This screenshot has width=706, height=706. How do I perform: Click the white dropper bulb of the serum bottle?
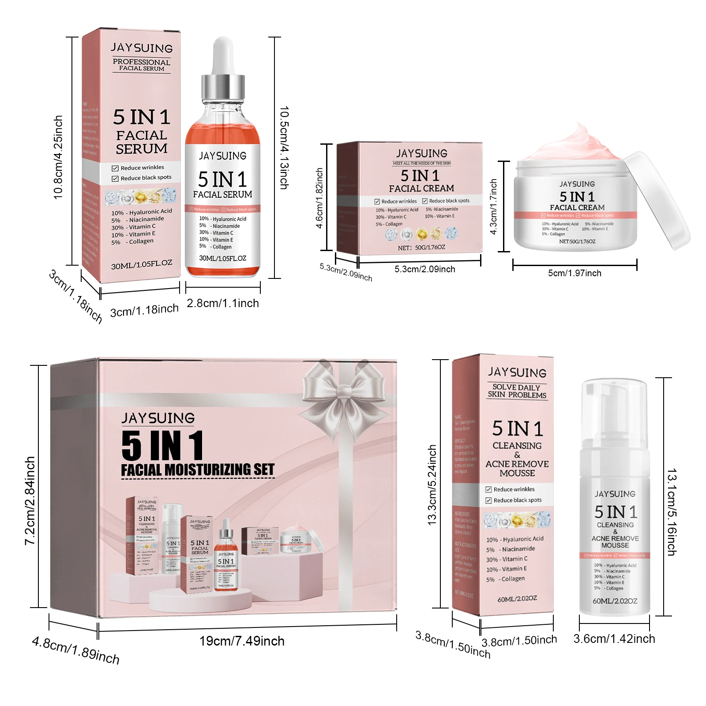tap(223, 55)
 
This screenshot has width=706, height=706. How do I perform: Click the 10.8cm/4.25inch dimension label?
tap(58, 158)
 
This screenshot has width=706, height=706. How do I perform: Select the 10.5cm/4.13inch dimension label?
tap(285, 148)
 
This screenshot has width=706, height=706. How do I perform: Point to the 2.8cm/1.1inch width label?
tap(223, 303)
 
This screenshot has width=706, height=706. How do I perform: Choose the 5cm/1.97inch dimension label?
tap(575, 273)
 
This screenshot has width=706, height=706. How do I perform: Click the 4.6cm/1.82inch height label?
tap(319, 198)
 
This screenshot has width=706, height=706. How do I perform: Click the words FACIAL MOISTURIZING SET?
tap(198, 469)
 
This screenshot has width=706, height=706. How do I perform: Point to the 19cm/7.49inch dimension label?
tap(242, 641)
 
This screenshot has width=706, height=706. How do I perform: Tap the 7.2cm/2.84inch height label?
tap(30, 500)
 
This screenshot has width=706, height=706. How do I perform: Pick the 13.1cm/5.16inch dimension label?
tap(672, 512)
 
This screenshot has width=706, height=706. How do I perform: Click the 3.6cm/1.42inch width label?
tap(614, 638)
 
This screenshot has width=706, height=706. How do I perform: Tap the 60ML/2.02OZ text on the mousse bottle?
tap(615, 601)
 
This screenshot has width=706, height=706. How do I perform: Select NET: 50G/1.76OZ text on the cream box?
tap(421, 248)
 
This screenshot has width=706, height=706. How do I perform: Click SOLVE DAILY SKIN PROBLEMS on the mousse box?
tap(517, 391)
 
